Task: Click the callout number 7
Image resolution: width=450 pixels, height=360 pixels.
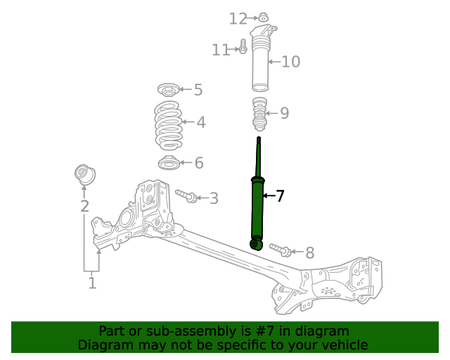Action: point(280,196)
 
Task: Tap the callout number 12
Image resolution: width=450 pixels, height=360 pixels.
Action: point(238,18)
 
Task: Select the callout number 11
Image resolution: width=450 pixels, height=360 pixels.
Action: point(221,50)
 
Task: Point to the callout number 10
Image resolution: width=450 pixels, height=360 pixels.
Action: point(290,62)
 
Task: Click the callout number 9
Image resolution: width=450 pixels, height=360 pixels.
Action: point(284,113)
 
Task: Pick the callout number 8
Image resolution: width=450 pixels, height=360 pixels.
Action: point(309,252)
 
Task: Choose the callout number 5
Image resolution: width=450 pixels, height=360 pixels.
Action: point(198,90)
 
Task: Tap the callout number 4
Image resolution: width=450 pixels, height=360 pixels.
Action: point(201,123)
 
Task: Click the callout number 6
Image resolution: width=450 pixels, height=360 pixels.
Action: point(199,164)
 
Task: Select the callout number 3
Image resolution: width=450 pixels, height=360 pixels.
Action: point(214,199)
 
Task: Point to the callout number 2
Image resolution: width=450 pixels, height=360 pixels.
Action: point(84,207)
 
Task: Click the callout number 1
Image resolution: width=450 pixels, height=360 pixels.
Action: point(92,283)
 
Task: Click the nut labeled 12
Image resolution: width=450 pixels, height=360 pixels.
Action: point(262,18)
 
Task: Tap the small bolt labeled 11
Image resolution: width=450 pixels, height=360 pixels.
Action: point(243,47)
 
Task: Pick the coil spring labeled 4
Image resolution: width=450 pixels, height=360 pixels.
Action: point(169,124)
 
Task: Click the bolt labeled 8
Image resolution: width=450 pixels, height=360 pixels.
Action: point(280,250)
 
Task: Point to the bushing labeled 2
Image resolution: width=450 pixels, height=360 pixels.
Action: point(85,173)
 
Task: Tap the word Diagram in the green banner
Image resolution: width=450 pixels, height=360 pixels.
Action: point(104,345)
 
